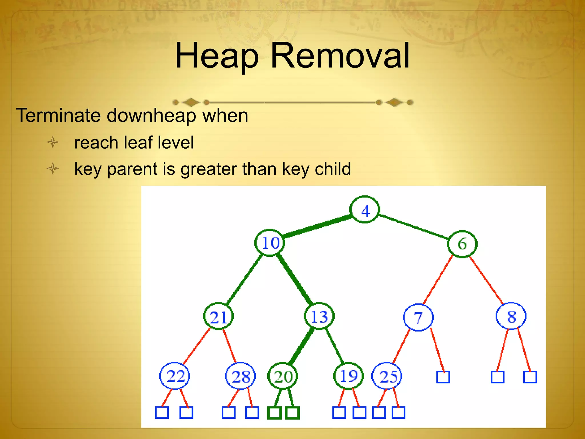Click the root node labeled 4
click(x=365, y=210)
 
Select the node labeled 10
click(x=270, y=243)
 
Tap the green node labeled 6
click(x=462, y=244)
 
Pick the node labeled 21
click(x=219, y=317)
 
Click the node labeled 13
click(x=319, y=316)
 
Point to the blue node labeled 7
click(x=418, y=317)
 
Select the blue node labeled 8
click(x=511, y=316)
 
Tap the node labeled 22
click(x=175, y=376)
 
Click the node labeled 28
click(x=241, y=376)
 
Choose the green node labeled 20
click(x=283, y=376)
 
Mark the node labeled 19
click(x=348, y=376)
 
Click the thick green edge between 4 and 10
click(x=317, y=226)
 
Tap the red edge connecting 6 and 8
click(x=486, y=280)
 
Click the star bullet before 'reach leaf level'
click(x=53, y=142)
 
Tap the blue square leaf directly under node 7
click(x=443, y=377)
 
